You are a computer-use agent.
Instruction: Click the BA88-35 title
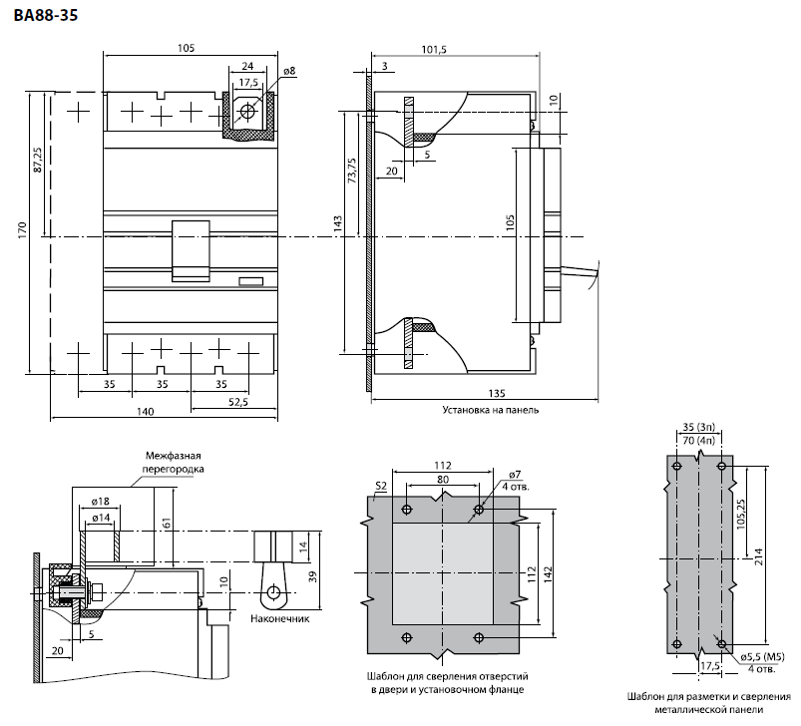click(x=46, y=15)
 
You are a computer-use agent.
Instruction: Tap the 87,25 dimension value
click(x=38, y=160)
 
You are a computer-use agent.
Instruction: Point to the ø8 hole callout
click(x=289, y=71)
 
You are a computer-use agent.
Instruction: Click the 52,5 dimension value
click(x=238, y=402)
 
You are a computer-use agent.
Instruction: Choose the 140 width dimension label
click(x=146, y=412)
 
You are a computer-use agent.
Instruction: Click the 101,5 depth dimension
click(x=434, y=49)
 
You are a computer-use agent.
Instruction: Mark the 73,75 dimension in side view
click(x=351, y=171)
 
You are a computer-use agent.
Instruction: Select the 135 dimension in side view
click(x=497, y=393)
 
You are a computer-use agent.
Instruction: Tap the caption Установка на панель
click(x=491, y=410)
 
